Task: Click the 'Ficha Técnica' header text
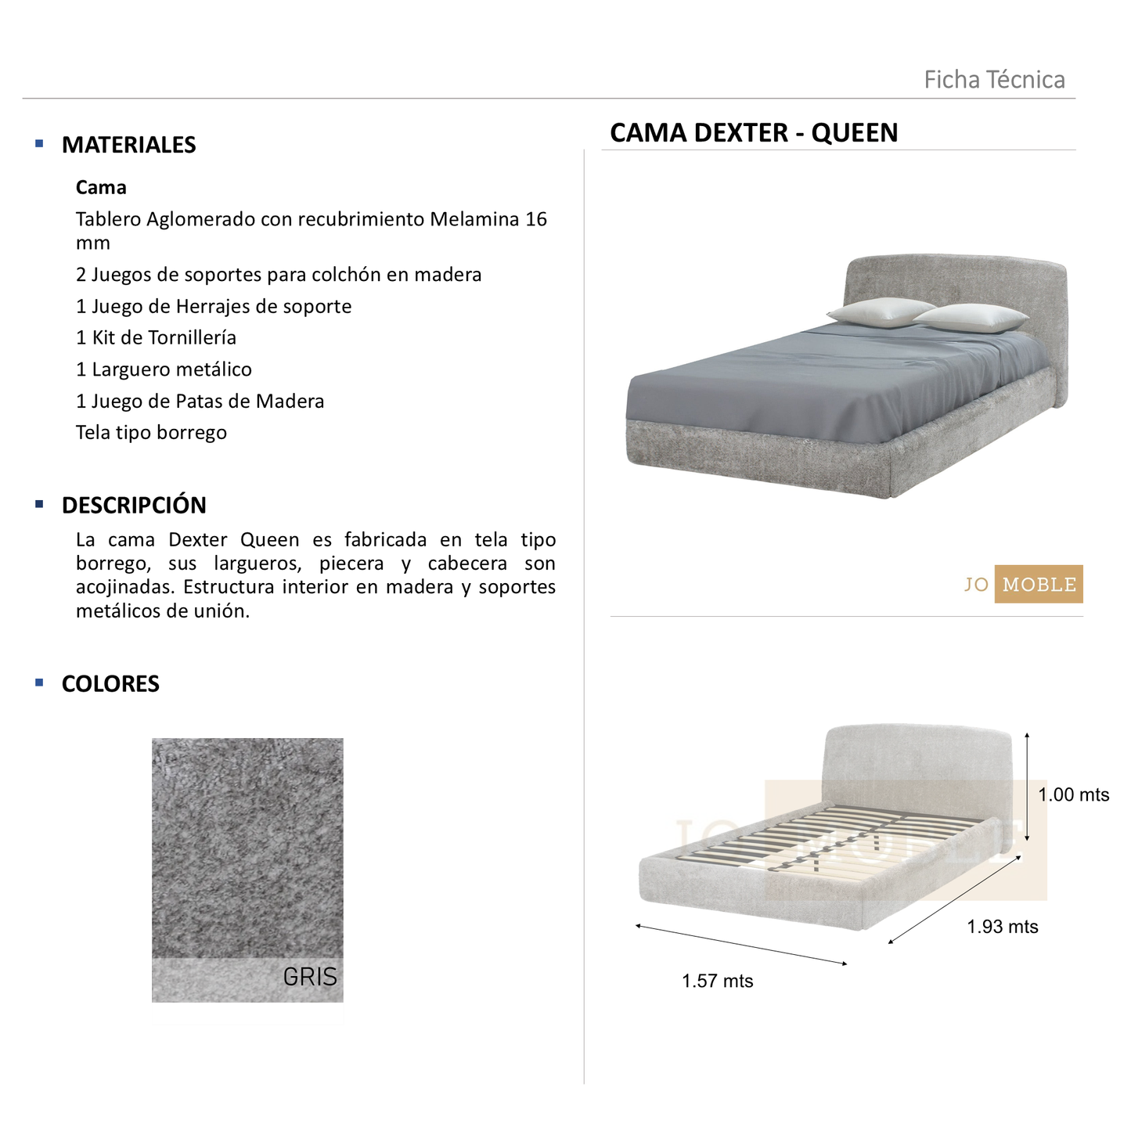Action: [994, 80]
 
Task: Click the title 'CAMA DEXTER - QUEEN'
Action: [754, 133]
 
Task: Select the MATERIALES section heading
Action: [128, 145]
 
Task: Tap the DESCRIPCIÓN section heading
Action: [134, 506]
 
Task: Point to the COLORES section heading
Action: [110, 684]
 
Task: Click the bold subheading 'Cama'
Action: [101, 188]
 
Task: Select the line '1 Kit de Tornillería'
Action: [156, 338]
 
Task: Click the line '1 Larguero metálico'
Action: [164, 369]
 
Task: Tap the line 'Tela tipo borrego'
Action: [151, 433]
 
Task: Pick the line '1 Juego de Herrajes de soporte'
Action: [214, 307]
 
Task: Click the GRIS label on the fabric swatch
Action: [310, 977]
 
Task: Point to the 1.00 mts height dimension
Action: [1073, 795]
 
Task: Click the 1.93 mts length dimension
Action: [1002, 927]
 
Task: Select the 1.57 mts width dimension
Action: [717, 982]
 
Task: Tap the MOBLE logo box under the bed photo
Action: [1039, 585]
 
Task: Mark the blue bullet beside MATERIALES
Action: [39, 144]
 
